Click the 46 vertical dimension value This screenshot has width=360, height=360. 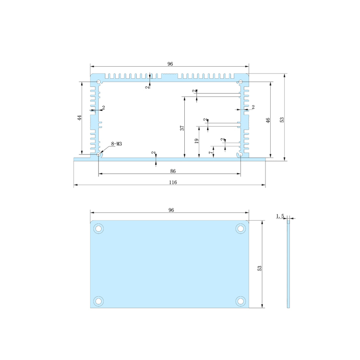point(268,120)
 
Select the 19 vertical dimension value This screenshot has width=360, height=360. point(196,141)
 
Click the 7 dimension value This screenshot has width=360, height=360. point(210,153)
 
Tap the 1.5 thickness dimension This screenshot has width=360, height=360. point(280,216)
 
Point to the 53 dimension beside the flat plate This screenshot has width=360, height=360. point(259,268)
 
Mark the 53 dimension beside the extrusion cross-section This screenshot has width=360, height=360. point(282,119)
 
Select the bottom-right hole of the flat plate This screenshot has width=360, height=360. point(240,301)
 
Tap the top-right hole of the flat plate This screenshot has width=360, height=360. point(240,228)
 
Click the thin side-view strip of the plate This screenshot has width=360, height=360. point(288,264)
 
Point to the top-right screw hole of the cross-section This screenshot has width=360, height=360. point(240,82)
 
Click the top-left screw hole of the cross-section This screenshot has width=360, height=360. point(99,82)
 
